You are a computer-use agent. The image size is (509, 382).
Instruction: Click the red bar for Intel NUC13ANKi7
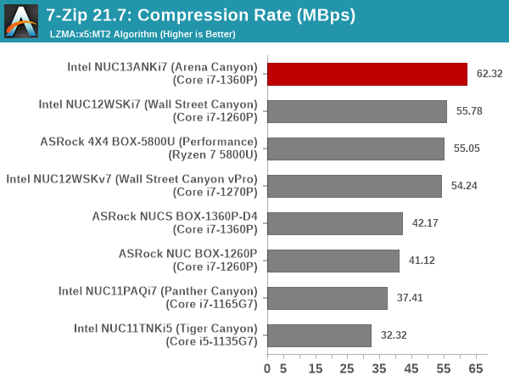point(367,74)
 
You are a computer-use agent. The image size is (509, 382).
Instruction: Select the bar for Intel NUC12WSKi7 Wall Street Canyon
point(357,111)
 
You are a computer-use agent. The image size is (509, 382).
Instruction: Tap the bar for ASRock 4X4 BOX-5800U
point(355,149)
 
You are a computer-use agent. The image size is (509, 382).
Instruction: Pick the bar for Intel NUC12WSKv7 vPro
point(355,186)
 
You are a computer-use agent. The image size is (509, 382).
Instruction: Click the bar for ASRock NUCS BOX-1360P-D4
point(335,223)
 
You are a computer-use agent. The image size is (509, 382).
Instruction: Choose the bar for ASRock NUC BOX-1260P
point(333,261)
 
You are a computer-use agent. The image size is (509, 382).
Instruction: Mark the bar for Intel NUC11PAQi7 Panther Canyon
point(327,298)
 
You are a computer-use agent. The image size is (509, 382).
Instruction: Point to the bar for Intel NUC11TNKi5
point(319,335)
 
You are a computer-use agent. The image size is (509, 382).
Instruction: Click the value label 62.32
point(489,74)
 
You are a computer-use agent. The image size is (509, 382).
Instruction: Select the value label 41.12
point(421,261)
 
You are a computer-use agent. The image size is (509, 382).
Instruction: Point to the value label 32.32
point(394,335)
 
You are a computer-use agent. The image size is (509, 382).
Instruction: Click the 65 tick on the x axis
point(476,369)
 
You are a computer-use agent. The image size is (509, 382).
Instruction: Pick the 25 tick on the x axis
point(348,369)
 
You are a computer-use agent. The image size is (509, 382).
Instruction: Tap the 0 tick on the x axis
point(267,369)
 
